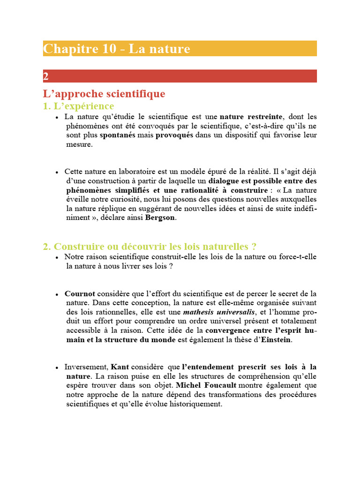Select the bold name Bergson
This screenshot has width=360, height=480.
(x=162, y=217)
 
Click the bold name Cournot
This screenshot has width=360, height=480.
(x=80, y=293)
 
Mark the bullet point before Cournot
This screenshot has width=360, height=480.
(x=57, y=294)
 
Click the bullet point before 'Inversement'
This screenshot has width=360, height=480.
(x=57, y=367)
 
